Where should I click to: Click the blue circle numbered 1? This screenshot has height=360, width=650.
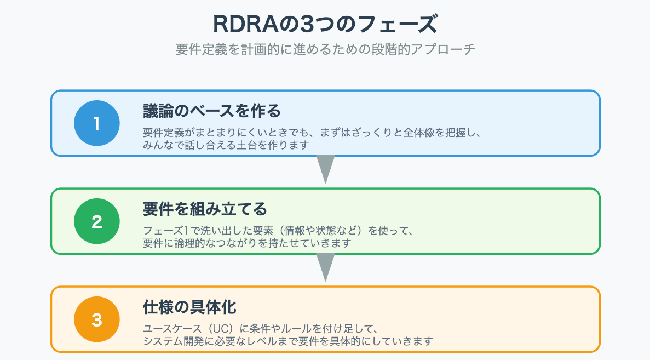[97, 123]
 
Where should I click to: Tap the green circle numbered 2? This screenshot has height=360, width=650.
[97, 221]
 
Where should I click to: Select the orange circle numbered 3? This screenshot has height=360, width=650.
[97, 319]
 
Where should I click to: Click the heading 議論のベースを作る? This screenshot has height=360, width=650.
[211, 111]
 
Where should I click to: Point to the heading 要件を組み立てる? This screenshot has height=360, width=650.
[205, 209]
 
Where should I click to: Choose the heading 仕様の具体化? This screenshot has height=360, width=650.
[189, 307]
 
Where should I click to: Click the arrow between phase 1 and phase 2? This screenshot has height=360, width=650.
[326, 169]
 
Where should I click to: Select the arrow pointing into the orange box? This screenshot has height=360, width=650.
[326, 267]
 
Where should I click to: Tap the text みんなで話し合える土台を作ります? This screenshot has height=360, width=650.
[226, 145]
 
